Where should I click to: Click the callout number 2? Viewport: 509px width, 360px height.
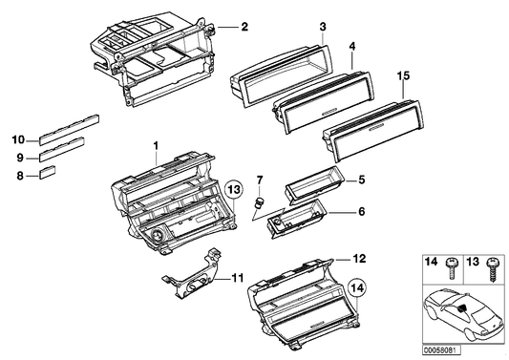[244, 28]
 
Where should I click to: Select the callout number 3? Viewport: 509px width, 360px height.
[323, 26]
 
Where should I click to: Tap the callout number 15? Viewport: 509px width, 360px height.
[403, 74]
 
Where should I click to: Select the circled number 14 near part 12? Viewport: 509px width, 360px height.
[357, 284]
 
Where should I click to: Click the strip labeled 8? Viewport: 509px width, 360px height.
[46, 173]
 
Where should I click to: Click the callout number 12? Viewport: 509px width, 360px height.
[359, 259]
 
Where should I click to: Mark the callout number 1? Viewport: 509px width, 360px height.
[154, 145]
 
